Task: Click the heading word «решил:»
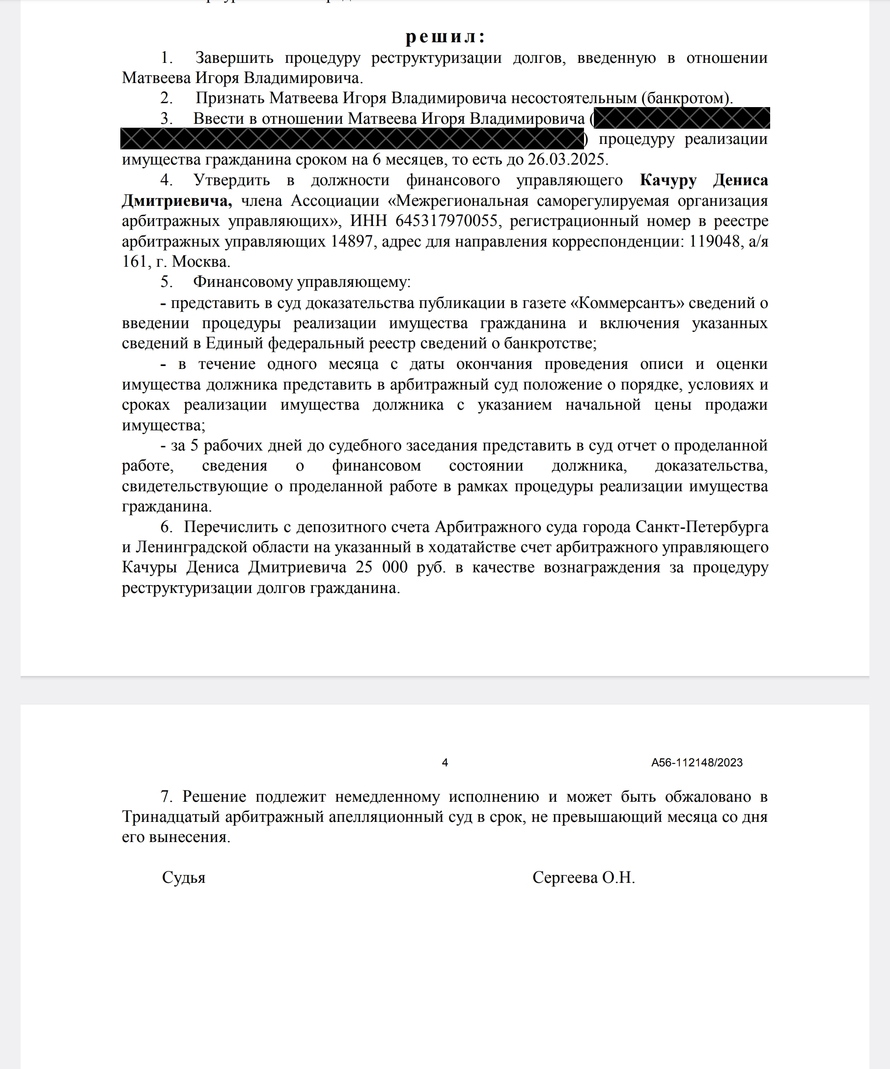445,37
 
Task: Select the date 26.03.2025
567,160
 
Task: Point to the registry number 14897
352,241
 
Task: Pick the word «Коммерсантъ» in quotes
630,303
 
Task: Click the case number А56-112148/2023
696,762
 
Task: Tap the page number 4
445,762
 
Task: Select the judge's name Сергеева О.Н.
583,877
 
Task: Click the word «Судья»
184,877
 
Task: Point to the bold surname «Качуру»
667,180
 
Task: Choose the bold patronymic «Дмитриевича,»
176,200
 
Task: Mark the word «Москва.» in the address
201,262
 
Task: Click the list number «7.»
167,796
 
